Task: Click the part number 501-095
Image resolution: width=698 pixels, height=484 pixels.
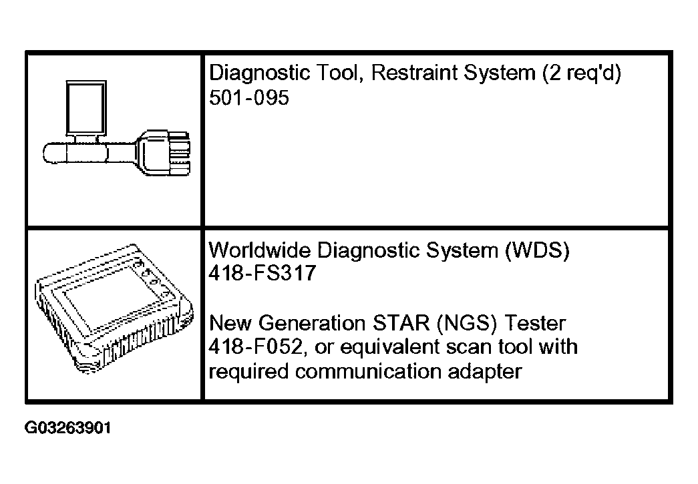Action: pos(249,97)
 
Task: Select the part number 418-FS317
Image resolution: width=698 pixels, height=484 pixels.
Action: pos(263,272)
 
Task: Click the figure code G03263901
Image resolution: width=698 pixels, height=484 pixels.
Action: pos(67,428)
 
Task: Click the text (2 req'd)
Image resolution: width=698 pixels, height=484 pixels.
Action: pos(581,73)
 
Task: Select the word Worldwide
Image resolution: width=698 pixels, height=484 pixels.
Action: pos(260,250)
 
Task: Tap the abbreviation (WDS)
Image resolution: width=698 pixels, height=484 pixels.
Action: pos(537,251)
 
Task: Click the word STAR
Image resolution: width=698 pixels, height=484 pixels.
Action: pos(401,323)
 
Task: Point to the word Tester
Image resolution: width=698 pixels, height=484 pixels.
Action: pos(534,323)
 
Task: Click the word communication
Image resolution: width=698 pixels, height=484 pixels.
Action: pos(368,371)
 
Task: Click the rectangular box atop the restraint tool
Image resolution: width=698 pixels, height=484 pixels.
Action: pos(86,108)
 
